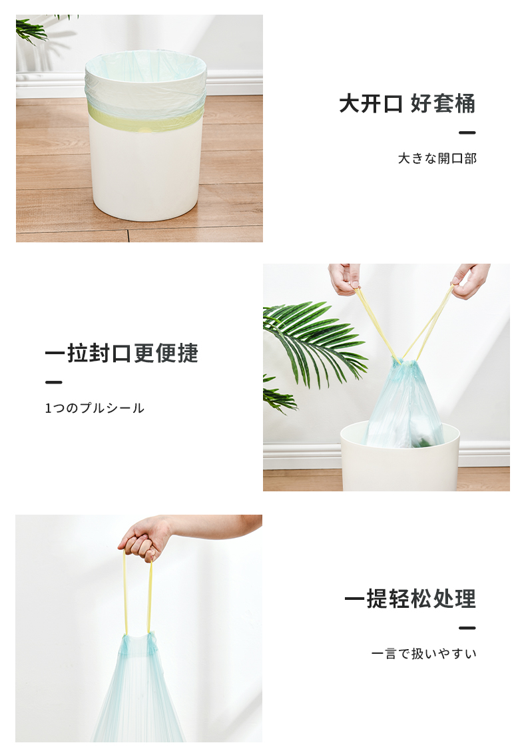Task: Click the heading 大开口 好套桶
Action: tap(407, 104)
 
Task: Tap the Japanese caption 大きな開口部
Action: tap(437, 158)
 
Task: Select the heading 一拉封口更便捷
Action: tap(122, 353)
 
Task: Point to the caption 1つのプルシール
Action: tap(95, 408)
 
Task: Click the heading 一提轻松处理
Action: tap(410, 599)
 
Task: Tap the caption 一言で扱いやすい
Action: tap(424, 653)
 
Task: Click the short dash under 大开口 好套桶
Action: tap(467, 132)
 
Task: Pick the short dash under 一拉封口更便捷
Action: tap(53, 382)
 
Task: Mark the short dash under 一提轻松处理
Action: tap(467, 628)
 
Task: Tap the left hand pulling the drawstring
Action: tap(345, 278)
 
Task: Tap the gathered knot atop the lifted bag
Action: tap(137, 640)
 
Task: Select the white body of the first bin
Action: tap(144, 173)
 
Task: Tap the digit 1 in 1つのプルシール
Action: tap(48, 408)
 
